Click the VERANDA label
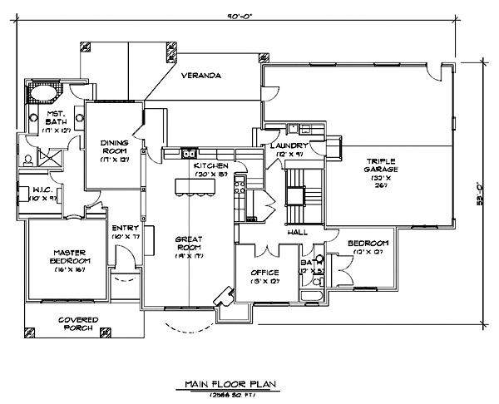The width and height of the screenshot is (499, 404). pyautogui.click(x=201, y=76)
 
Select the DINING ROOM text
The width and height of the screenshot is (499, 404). pyautogui.click(x=115, y=147)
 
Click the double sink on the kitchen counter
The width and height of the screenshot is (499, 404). pyautogui.click(x=189, y=153)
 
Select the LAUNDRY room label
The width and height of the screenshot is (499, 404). pyautogui.click(x=289, y=145)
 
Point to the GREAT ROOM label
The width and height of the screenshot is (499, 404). pyautogui.click(x=190, y=244)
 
